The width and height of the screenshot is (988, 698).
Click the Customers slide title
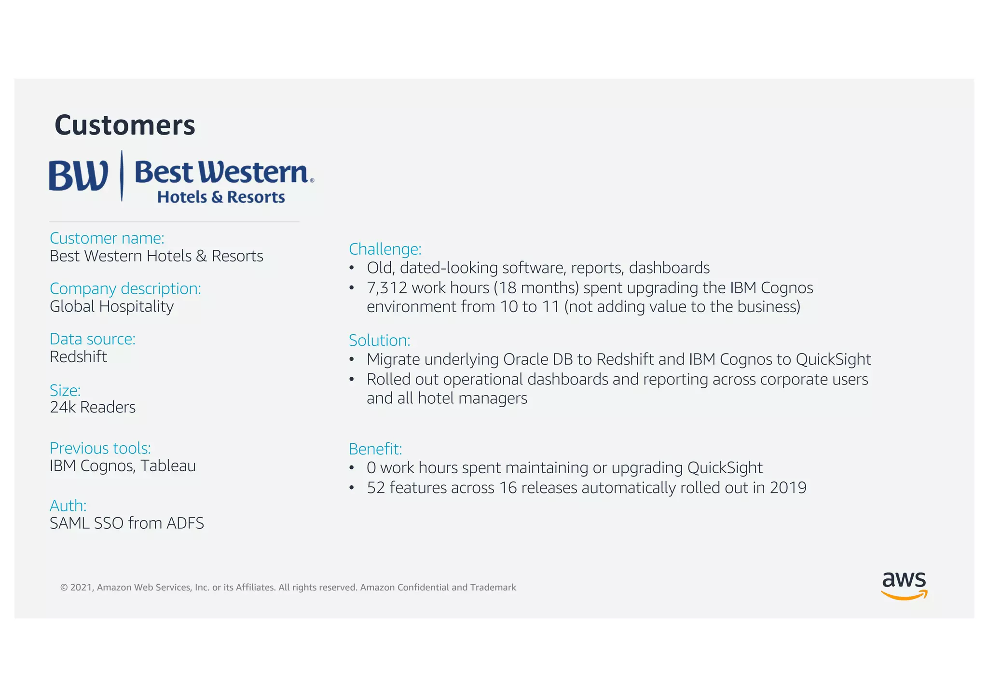(124, 125)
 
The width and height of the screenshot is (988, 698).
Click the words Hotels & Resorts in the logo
(221, 197)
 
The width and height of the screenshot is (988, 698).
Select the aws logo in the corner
(904, 585)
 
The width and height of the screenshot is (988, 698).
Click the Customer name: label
(107, 238)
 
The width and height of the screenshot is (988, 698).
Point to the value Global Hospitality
(111, 306)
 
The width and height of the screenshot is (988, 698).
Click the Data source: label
(93, 339)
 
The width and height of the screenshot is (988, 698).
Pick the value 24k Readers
(93, 407)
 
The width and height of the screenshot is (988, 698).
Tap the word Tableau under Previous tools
(168, 466)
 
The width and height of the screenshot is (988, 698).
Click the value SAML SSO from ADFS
(127, 523)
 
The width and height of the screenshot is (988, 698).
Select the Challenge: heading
(385, 249)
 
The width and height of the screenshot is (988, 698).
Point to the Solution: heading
(380, 341)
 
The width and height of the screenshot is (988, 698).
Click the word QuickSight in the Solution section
(833, 359)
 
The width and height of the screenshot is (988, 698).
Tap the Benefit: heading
(375, 449)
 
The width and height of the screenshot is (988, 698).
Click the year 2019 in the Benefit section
(788, 488)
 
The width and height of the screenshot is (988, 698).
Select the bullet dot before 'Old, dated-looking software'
(352, 268)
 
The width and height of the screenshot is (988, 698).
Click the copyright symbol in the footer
(64, 588)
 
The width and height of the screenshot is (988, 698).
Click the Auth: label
(68, 506)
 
